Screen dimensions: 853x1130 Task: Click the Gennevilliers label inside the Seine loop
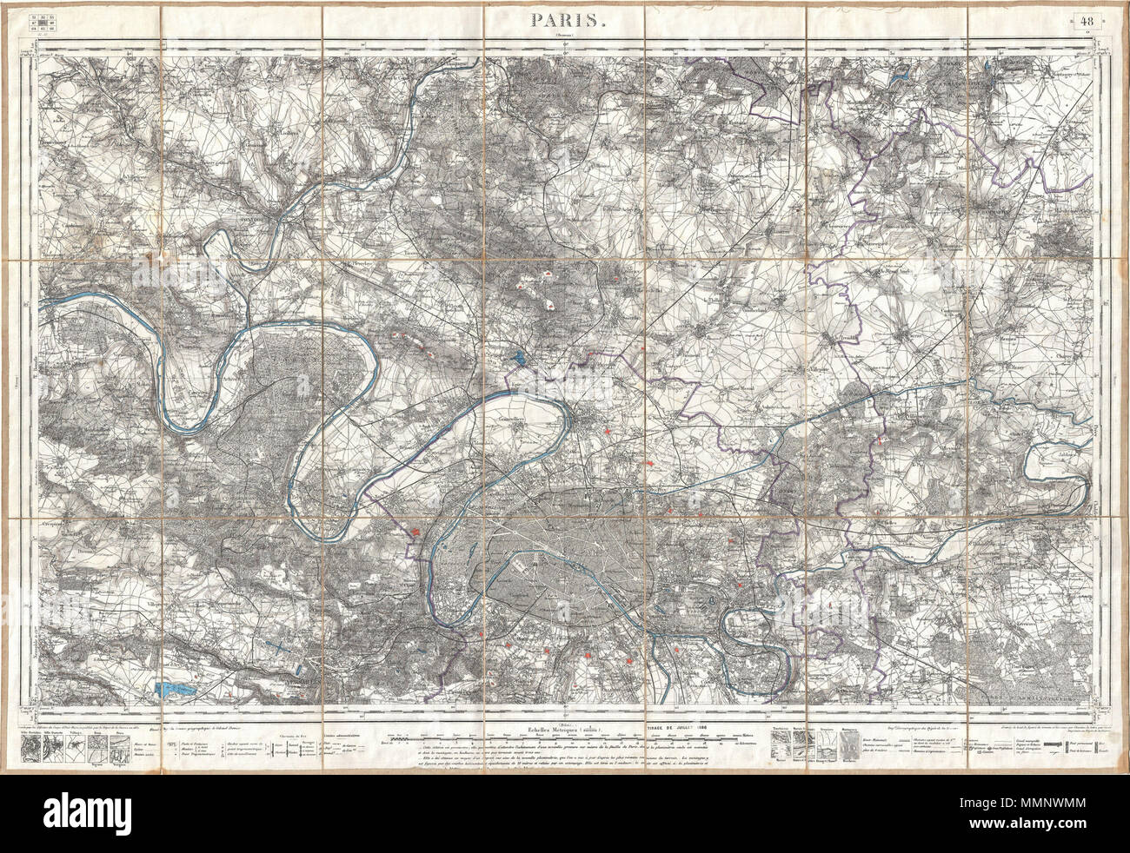click(x=516, y=414)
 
